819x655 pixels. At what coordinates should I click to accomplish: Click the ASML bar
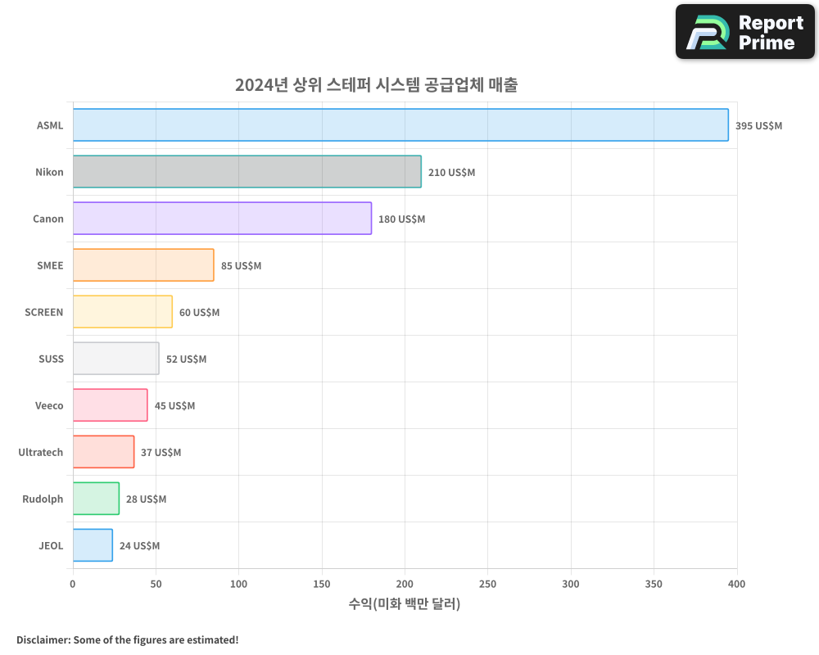coord(400,125)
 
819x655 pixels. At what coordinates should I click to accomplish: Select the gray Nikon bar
coord(247,172)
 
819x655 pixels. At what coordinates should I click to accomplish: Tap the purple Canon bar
coord(222,219)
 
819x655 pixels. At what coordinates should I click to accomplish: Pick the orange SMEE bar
coord(143,265)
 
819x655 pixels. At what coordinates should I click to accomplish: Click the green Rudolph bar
coord(96,499)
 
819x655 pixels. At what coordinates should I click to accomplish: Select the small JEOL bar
coord(93,545)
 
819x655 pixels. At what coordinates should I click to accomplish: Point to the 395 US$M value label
coord(758,126)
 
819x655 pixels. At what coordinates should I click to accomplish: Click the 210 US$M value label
coord(451,173)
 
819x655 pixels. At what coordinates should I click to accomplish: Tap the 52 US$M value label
coord(186,359)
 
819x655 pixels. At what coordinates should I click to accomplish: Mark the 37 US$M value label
coord(161,453)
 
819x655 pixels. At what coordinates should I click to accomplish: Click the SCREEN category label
coord(44,313)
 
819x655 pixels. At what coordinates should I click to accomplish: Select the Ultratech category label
coord(41,453)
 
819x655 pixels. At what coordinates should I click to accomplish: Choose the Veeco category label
coord(49,406)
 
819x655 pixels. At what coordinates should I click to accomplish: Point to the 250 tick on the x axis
coord(487,584)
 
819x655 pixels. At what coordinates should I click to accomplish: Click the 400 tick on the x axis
coord(736,584)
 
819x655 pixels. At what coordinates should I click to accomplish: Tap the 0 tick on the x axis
coord(73,584)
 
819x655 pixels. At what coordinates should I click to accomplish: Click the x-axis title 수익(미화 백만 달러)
coord(405,604)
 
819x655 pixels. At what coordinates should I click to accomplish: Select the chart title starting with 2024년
coord(376,84)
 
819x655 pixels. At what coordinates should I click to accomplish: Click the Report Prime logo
coord(745,32)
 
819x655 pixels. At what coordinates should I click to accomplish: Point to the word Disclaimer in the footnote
coord(43,639)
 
